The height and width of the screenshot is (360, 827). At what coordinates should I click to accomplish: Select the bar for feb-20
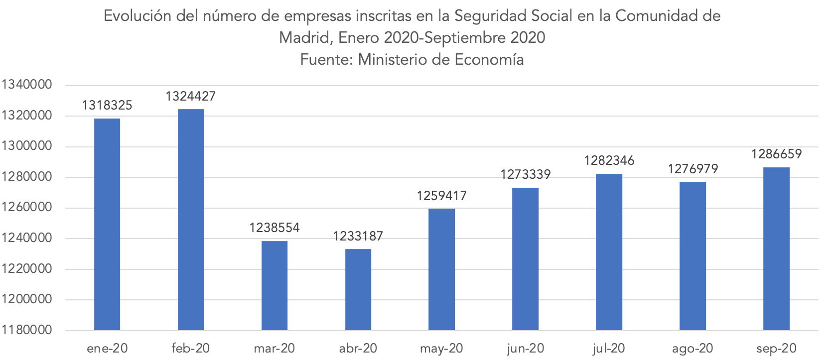pyautogui.click(x=191, y=219)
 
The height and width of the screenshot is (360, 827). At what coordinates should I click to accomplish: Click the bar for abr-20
pyautogui.click(x=358, y=289)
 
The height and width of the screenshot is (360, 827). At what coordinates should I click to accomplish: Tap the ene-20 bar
pyautogui.click(x=107, y=224)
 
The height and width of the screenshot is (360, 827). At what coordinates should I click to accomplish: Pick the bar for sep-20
pyautogui.click(x=776, y=248)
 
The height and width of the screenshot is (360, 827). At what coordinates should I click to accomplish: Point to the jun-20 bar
pyautogui.click(x=525, y=258)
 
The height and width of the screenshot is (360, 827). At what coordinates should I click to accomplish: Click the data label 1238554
pyautogui.click(x=275, y=228)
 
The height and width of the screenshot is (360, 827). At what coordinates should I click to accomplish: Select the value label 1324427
pyautogui.click(x=191, y=97)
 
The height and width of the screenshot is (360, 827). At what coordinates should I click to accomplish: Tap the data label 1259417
pyautogui.click(x=442, y=196)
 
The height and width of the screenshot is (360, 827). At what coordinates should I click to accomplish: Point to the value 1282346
pyautogui.click(x=609, y=161)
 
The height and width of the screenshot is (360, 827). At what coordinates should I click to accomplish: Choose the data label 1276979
pyautogui.click(x=693, y=169)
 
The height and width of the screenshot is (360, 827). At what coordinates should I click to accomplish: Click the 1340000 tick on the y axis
pyautogui.click(x=27, y=85)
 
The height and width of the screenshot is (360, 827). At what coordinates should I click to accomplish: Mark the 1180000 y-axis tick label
pyautogui.click(x=27, y=330)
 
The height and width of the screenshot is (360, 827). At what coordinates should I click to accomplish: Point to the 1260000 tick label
pyautogui.click(x=27, y=208)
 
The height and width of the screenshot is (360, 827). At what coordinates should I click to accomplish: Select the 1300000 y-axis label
pyautogui.click(x=27, y=146)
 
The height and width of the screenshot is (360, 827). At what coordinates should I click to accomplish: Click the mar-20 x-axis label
pyautogui.click(x=275, y=349)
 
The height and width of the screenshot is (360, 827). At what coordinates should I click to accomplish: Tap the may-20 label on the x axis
pyautogui.click(x=442, y=349)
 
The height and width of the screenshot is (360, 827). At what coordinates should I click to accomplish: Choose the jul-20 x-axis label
pyautogui.click(x=609, y=349)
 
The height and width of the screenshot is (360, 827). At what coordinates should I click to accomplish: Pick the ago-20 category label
pyautogui.click(x=692, y=349)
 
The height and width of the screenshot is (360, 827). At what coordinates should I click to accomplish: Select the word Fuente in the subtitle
pyautogui.click(x=326, y=60)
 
